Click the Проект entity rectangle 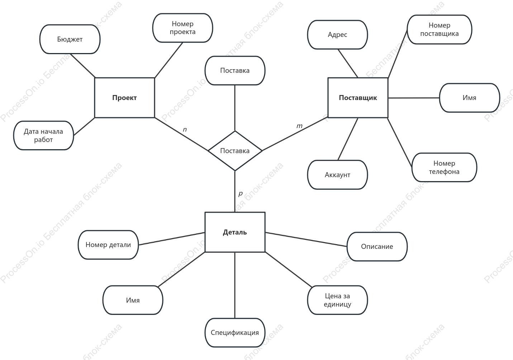[x=125, y=98]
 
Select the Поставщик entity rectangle [x=358, y=98]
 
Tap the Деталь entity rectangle [x=235, y=232]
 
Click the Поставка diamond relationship [x=235, y=151]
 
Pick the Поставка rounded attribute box [x=235, y=71]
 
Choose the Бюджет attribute [x=70, y=39]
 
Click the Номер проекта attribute [x=182, y=28]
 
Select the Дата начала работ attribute [x=43, y=136]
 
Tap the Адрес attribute [x=338, y=34]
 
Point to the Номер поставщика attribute [x=440, y=29]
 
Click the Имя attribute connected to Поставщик [x=470, y=98]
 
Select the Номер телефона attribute [x=444, y=167]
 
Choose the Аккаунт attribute [x=338, y=175]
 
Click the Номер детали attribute [x=108, y=245]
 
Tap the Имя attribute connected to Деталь [x=133, y=300]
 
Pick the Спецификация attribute [x=235, y=332]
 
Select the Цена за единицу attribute [x=338, y=300]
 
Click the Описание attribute [x=377, y=247]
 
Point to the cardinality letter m [x=300, y=126]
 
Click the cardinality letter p [x=241, y=194]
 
